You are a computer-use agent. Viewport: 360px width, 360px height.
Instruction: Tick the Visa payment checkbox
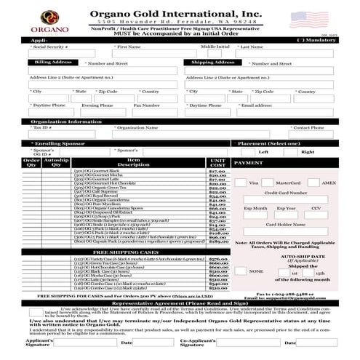pos(243,183)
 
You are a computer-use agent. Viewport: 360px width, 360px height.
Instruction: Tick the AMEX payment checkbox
pos(311,183)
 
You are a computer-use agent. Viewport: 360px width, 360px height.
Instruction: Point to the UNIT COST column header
pos(217,164)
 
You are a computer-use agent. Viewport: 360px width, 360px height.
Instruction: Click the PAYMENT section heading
pos(248,164)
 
